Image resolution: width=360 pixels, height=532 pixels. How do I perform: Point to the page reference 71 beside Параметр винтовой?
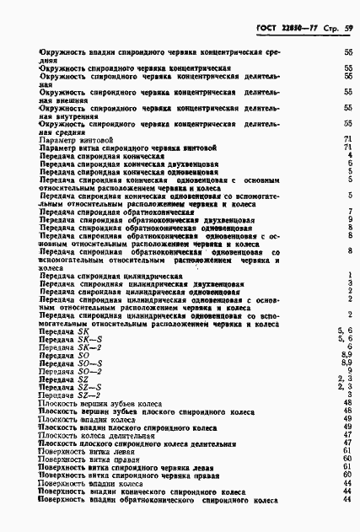coord(347,139)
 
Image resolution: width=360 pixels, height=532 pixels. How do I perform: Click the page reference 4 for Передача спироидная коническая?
coord(348,155)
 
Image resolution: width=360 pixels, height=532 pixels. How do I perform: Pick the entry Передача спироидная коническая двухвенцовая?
coord(124,164)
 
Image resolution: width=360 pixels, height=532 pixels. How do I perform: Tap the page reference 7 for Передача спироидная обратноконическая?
coord(348,212)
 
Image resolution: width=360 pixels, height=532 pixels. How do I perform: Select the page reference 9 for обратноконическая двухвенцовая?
coord(348,220)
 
